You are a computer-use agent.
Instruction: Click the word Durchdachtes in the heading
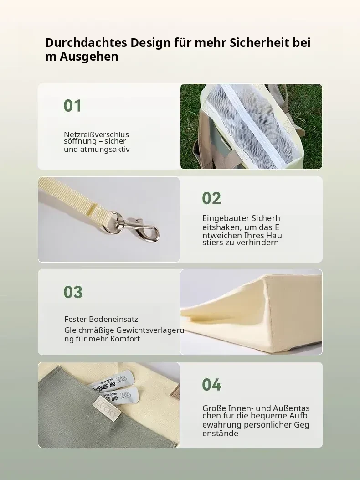pos(86,42)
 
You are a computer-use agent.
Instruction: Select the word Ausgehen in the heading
pos(89,57)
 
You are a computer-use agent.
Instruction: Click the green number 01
pos(72,106)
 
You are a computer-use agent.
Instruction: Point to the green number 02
pos(211,198)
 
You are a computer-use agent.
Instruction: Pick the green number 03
pos(73,292)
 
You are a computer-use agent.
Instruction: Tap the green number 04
pos(211,384)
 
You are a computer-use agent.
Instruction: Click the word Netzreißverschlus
pos(97,134)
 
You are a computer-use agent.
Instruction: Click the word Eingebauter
pos(225,218)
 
